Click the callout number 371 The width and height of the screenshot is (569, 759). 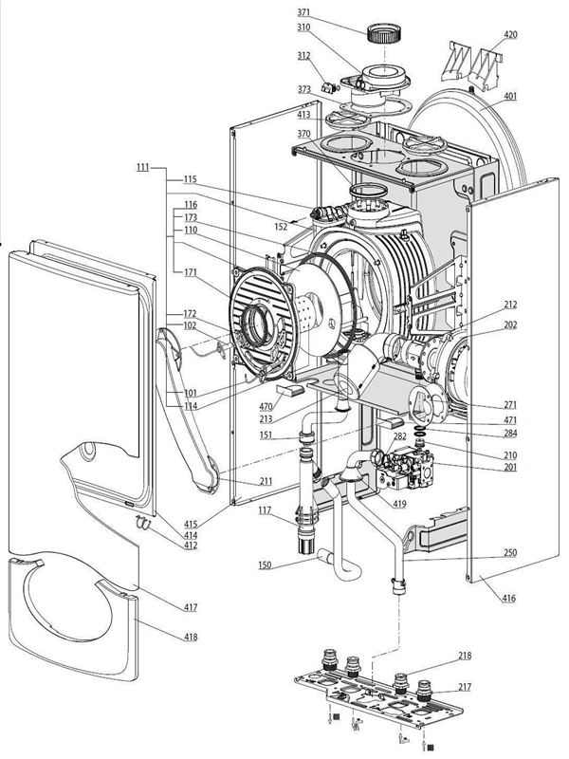pyautogui.click(x=303, y=13)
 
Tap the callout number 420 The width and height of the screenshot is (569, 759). pyautogui.click(x=510, y=35)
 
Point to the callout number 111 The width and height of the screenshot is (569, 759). pyautogui.click(x=142, y=167)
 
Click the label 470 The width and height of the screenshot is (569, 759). pyautogui.click(x=266, y=406)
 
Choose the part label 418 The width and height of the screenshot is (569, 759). pyautogui.click(x=191, y=636)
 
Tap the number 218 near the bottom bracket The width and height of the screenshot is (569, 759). pyautogui.click(x=465, y=656)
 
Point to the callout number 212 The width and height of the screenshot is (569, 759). pyautogui.click(x=510, y=305)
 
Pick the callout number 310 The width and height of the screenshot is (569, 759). pyautogui.click(x=303, y=28)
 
